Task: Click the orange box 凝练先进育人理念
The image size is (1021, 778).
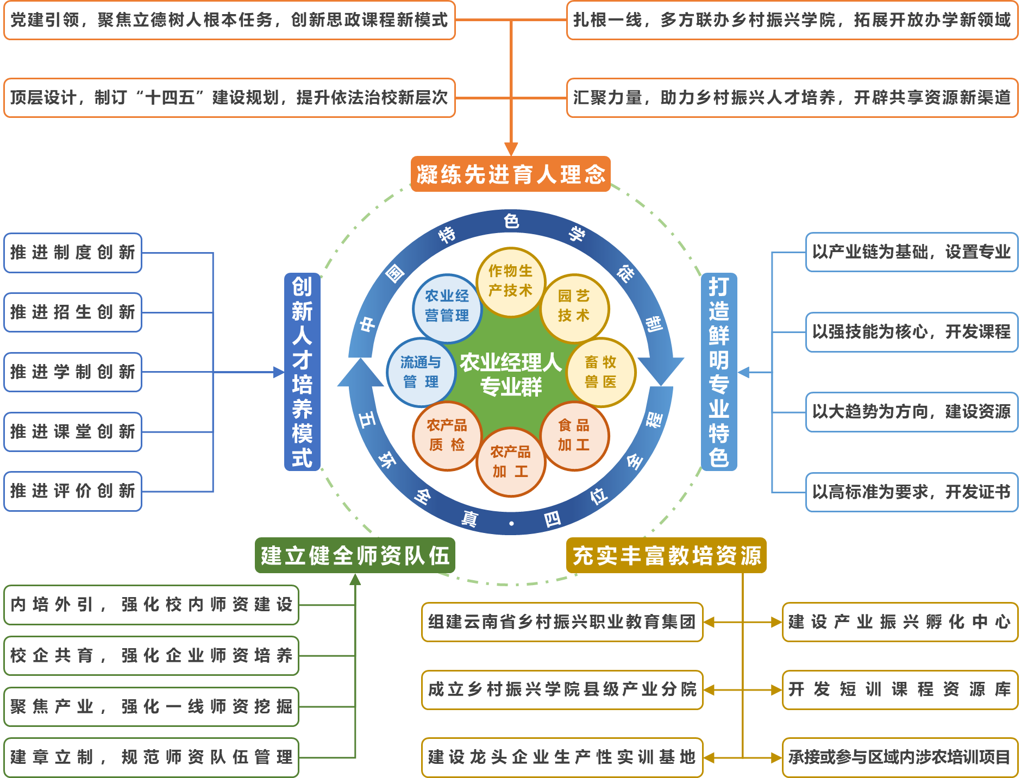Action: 510,174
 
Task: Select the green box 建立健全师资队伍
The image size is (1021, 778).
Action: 355,555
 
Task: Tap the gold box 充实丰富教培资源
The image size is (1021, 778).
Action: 666,555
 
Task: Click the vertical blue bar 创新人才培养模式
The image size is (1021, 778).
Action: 302,372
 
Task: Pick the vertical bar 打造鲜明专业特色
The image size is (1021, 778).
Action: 718,372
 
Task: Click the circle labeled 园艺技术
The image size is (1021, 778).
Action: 574,306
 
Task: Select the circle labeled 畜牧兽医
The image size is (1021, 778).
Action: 600,372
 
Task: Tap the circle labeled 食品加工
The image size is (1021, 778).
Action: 574,435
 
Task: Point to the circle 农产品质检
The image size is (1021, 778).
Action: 447,435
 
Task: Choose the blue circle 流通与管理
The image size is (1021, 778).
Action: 421,372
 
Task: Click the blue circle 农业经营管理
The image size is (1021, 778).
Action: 447,306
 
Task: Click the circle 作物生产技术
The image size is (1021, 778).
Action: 510,281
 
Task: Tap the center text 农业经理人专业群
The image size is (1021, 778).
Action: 511,374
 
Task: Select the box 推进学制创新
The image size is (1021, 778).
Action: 73,372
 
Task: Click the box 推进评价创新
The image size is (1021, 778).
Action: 73,491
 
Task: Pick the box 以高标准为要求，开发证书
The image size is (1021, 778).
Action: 911,492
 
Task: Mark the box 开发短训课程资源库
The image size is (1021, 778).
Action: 899,689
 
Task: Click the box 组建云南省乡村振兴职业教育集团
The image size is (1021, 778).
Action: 562,622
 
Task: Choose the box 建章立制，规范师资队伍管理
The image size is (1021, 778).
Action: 151,757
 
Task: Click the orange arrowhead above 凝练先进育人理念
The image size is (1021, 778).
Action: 511,149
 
